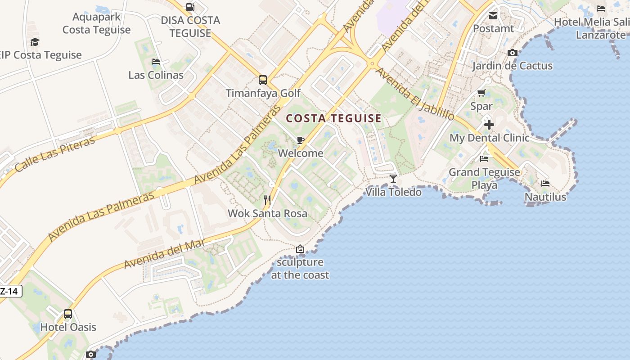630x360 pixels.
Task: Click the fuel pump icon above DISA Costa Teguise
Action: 190,7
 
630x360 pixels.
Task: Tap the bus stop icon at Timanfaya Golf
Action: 263,80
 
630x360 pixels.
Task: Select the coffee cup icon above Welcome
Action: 301,140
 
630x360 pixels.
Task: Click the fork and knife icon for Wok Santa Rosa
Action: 268,200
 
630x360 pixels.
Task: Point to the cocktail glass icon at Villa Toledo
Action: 393,179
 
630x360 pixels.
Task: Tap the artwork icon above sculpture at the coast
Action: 300,249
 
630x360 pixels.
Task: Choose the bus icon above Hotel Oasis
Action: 68,314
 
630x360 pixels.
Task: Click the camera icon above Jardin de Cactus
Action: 512,53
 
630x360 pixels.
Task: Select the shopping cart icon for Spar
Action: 481,93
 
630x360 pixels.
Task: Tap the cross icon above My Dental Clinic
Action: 489,124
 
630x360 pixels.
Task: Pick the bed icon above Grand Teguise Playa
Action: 484,158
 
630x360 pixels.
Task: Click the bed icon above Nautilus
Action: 545,183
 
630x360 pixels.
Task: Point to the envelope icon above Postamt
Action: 493,16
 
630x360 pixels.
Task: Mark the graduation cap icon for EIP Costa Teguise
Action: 35,42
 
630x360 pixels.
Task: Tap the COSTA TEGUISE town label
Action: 334,119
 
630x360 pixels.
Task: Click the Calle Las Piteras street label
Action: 55,154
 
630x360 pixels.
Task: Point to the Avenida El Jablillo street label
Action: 414,94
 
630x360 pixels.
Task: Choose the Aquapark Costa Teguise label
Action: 97,23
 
